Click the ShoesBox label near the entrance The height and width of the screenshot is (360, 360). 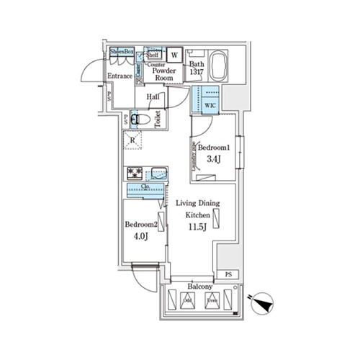122,53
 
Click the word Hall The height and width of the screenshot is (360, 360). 153,97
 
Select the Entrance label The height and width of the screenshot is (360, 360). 120,76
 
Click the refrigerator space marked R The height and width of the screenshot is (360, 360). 133,141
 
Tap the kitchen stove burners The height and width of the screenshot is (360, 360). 135,174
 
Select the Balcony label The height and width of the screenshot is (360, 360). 199,285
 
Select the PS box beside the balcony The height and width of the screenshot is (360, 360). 228,274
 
